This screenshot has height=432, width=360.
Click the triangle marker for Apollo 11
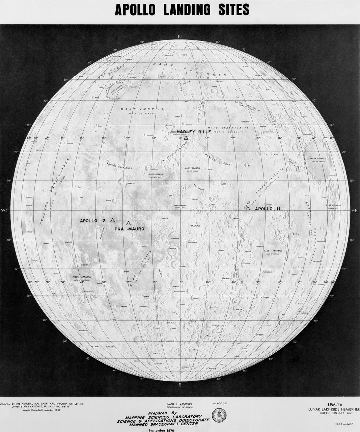click(x=248, y=209)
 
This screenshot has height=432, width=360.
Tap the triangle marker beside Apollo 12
click(x=113, y=220)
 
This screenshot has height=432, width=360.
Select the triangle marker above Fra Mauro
click(x=129, y=223)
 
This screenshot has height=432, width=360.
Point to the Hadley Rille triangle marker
click(x=186, y=138)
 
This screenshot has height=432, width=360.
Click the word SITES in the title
click(x=230, y=10)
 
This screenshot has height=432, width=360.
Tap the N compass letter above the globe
click(x=180, y=36)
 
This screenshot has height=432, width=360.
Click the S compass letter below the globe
click(x=180, y=384)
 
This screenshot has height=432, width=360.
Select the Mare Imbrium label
click(x=143, y=109)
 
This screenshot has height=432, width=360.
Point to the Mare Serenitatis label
click(x=228, y=128)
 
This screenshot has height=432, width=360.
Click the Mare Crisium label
click(x=318, y=158)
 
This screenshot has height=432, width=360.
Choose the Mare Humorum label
click(x=82, y=277)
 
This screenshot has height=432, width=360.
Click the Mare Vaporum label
click(x=192, y=168)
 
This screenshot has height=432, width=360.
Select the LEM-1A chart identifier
click(x=335, y=404)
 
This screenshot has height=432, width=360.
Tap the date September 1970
click(x=163, y=430)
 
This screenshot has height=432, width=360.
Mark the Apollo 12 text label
click(x=93, y=221)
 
